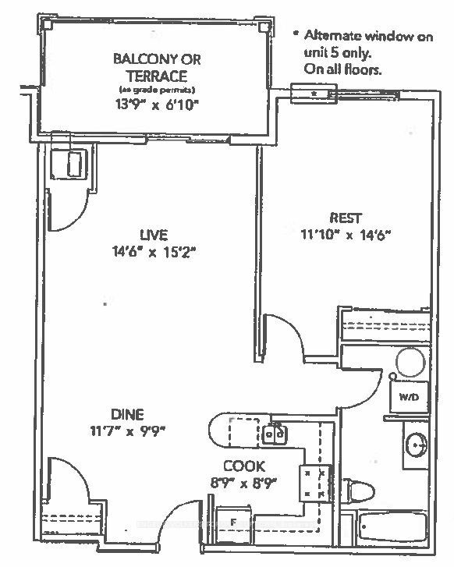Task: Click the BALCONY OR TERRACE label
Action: pos(151,67)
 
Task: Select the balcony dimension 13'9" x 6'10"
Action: pos(151,104)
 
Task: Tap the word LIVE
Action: pos(154,235)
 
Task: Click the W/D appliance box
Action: pos(408,397)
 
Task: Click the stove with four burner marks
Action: pos(315,483)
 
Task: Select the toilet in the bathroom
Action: pos(358,488)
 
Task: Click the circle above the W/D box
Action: pos(410,363)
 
